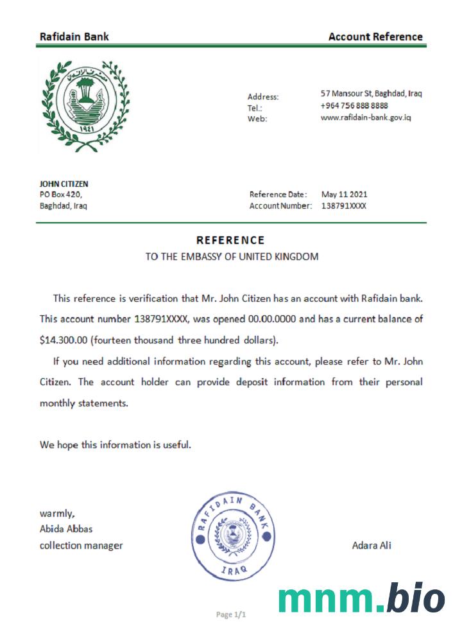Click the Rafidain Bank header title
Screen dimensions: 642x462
(x=74, y=37)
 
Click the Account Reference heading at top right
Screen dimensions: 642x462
(x=375, y=37)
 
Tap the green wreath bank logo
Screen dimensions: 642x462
(x=85, y=107)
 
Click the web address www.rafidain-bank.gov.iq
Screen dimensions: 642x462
(x=365, y=117)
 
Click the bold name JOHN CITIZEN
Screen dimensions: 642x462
(x=64, y=184)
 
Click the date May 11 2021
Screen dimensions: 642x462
(x=344, y=195)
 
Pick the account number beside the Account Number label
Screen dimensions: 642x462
(x=344, y=206)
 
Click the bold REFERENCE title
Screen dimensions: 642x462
(x=230, y=240)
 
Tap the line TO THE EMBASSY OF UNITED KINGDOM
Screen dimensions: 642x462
(x=232, y=257)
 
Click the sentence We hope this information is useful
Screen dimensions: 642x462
(x=116, y=444)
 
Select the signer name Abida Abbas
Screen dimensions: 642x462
(x=66, y=530)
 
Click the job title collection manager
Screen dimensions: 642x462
(x=81, y=546)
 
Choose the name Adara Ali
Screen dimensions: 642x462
(x=372, y=546)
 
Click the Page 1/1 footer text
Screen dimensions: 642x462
(x=231, y=615)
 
